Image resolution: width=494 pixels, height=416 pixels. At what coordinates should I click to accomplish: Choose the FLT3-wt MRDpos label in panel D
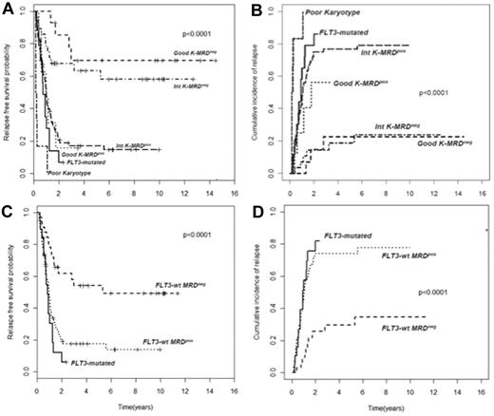[413, 255]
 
